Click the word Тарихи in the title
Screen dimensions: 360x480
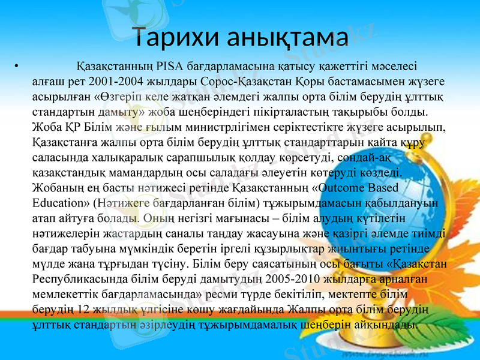click(172, 37)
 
